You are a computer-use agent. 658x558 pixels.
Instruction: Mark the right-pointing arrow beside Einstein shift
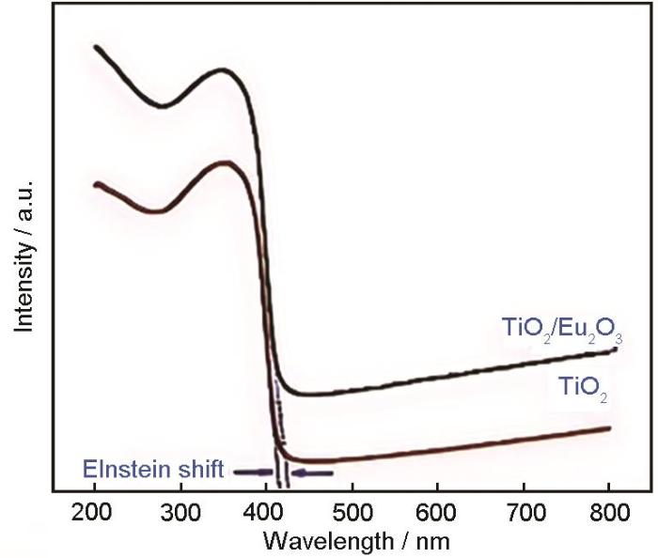click(250, 472)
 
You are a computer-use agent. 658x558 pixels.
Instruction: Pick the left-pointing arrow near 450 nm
click(312, 473)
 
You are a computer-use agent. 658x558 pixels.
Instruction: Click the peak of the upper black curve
click(222, 70)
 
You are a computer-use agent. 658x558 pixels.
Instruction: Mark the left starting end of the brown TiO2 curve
click(96, 185)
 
